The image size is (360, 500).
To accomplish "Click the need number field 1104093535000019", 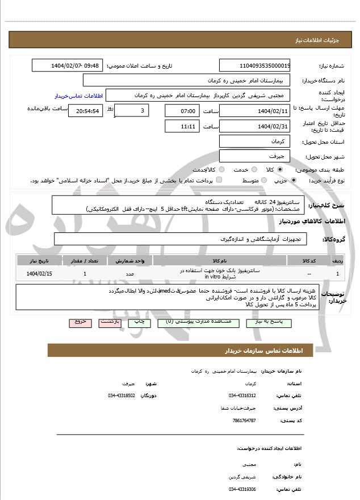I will (x=255, y=66).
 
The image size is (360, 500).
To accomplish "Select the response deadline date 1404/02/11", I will (x=255, y=110).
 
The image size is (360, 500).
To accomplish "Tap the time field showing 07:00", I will (x=182, y=110).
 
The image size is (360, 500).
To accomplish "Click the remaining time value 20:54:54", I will (x=86, y=110).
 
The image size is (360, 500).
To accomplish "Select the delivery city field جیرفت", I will (x=255, y=155).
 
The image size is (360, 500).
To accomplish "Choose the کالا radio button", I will (x=280, y=169).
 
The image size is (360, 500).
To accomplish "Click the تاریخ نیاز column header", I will (x=38, y=260).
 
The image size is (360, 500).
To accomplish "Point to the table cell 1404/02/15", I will (x=38, y=274).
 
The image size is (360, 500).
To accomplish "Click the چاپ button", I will (x=139, y=322).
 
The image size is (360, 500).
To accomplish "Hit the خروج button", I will (x=80, y=322).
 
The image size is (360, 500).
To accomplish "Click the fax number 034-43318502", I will (x=122, y=395).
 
